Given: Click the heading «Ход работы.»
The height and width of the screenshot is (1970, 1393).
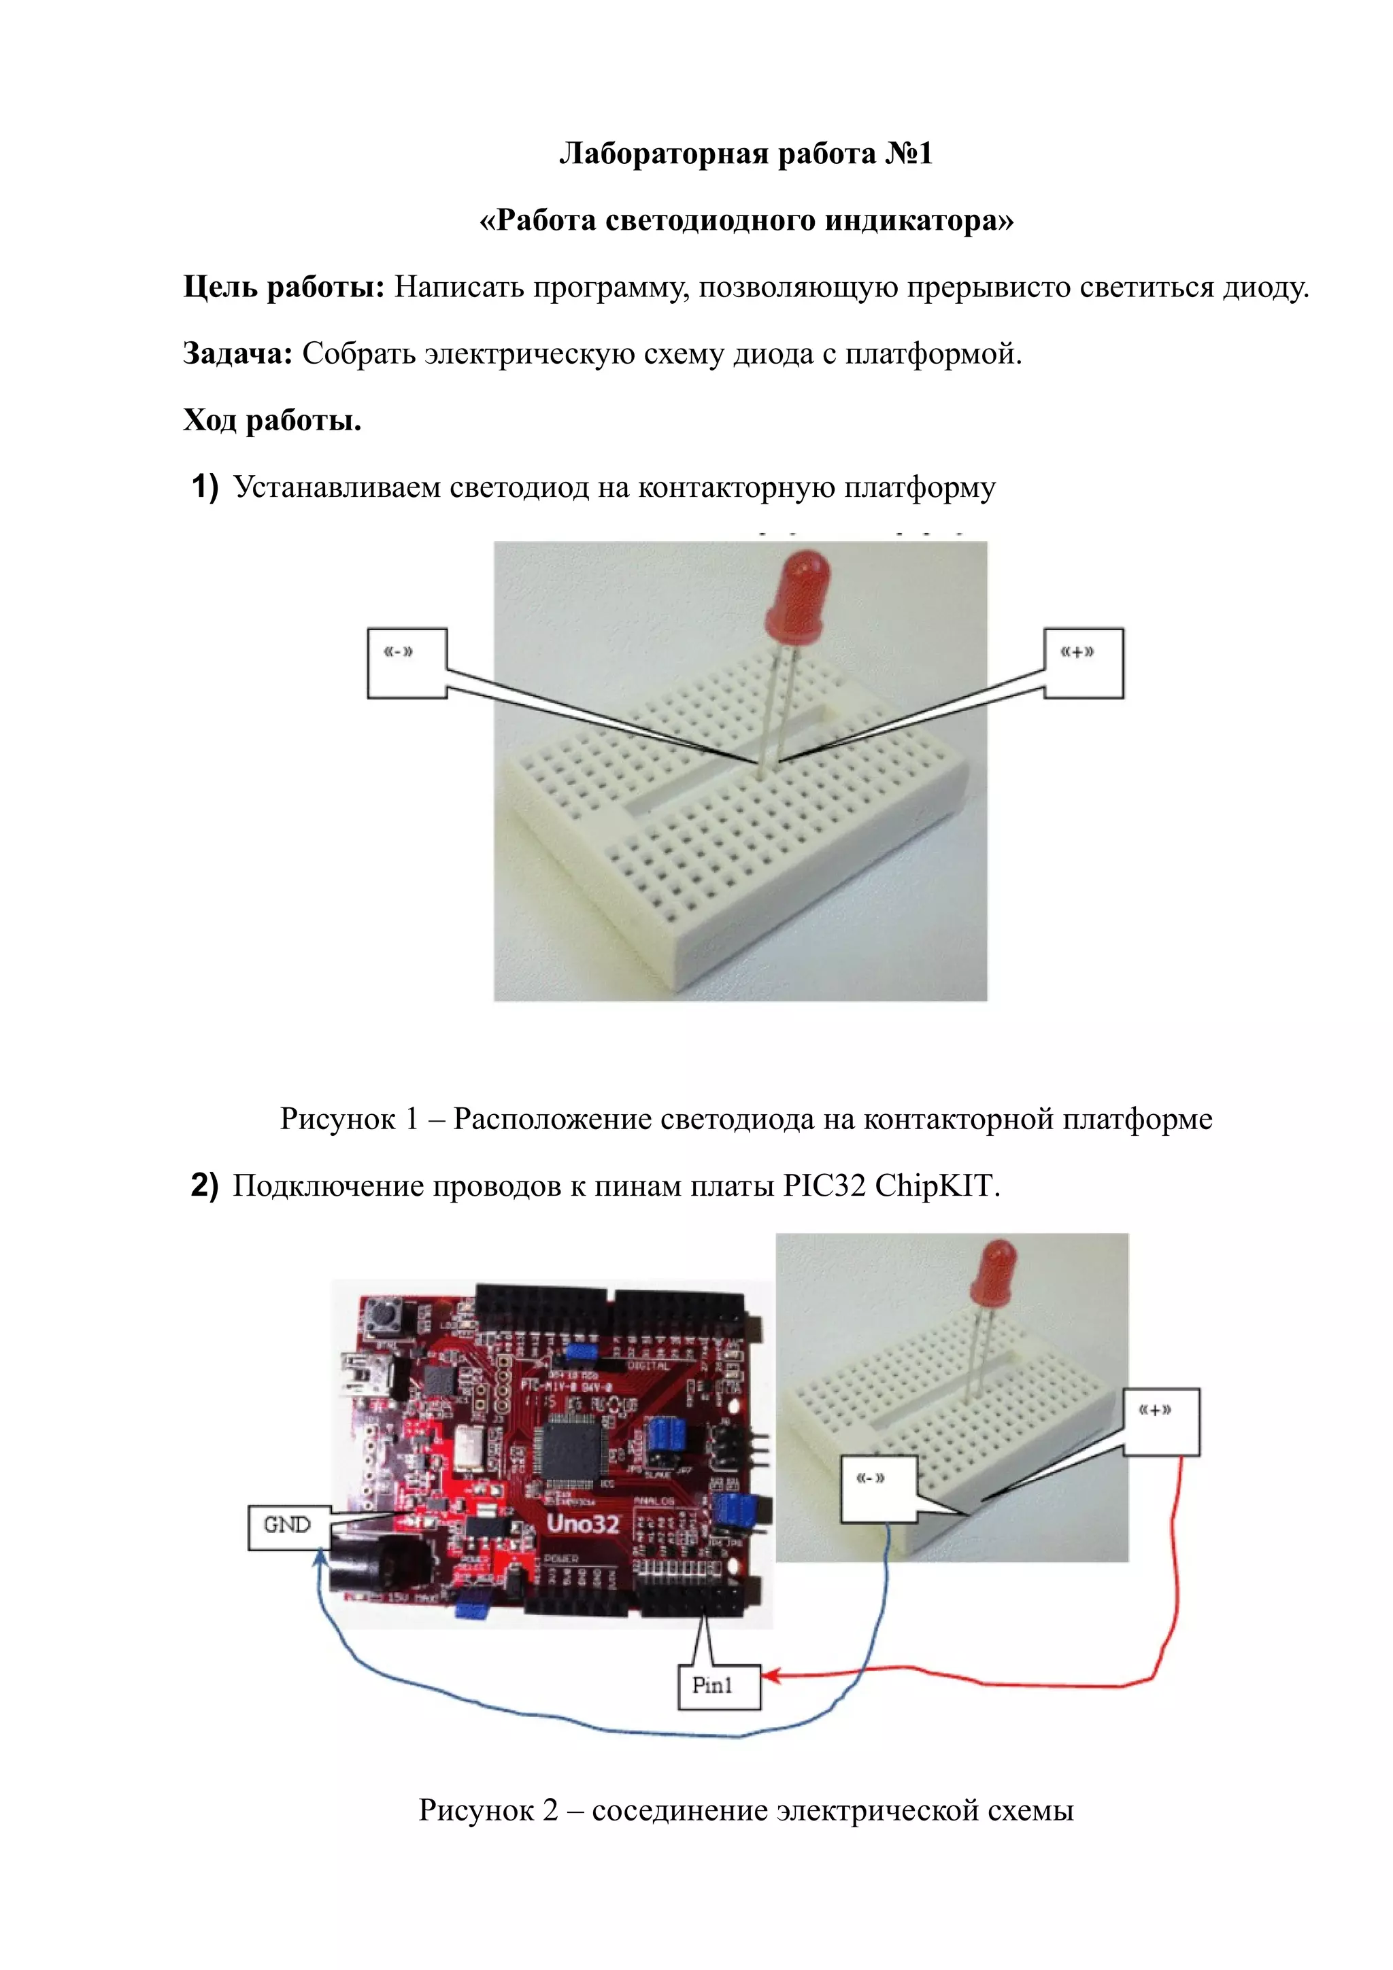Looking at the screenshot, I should [272, 420].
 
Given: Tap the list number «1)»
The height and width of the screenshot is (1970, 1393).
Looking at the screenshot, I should [204, 487].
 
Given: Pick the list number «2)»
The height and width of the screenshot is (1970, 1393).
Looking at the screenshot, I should [204, 1185].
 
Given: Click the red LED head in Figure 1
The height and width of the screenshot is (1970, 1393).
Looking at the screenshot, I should [799, 592].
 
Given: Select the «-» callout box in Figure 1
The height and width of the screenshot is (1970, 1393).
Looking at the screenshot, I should [407, 662].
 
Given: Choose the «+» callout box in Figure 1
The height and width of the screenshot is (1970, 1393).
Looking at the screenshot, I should [1083, 662].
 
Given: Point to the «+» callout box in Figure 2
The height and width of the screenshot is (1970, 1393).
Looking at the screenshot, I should [1161, 1421].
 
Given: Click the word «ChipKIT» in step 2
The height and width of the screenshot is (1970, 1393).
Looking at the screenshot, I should [937, 1185].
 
